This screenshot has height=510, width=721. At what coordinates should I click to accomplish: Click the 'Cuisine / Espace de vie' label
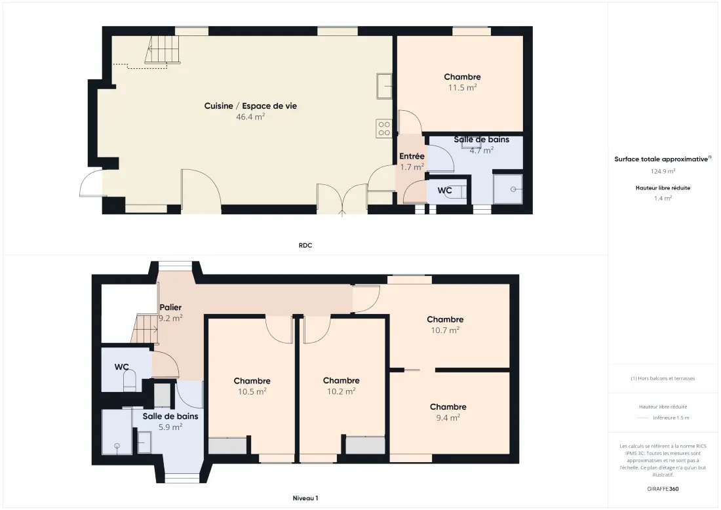pos(250,106)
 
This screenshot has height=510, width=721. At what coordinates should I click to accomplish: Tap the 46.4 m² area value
pos(250,117)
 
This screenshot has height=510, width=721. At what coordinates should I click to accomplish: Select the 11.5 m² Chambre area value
pos(463,87)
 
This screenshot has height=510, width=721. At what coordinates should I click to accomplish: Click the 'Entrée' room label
pos(412,157)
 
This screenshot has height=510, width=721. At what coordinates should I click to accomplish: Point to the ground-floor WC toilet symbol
pos(458,191)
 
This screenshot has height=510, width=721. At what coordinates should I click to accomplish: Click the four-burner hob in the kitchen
pos(384,128)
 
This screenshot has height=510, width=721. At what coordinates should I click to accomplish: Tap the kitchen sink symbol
pos(384,86)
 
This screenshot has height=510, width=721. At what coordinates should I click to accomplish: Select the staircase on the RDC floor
pos(162,50)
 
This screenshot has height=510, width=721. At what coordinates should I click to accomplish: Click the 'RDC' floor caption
pos(305,246)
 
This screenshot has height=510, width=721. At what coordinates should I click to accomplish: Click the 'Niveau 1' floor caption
pos(305,498)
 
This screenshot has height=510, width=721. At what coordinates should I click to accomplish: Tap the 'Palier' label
pos(170,307)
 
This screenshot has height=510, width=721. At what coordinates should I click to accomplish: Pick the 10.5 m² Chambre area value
pos(252,392)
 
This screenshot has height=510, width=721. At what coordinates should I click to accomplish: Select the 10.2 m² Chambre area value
pos(341,391)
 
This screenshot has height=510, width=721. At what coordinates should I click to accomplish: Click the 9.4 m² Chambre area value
pos(448,418)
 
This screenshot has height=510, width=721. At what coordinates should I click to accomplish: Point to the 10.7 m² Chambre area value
pos(445,330)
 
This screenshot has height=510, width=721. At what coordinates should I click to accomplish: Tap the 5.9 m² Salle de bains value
pos(170,427)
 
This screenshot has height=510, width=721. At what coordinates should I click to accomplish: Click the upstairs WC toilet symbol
pos(130,380)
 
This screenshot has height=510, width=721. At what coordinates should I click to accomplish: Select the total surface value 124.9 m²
pos(663,171)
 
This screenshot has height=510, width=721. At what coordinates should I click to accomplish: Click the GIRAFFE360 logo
pos(663,489)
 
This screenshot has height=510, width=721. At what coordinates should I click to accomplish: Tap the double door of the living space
pos(341,199)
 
